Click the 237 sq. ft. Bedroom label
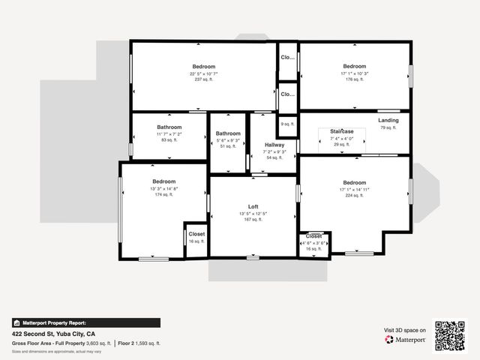pyautogui.click(x=203, y=67)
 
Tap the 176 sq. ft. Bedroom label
pyautogui.click(x=354, y=67)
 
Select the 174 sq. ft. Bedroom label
pyautogui.click(x=163, y=182)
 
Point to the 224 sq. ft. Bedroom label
pyautogui.click(x=354, y=183)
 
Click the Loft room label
pyautogui.click(x=253, y=207)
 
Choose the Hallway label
pyautogui.click(x=274, y=145)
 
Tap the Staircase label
pyautogui.click(x=341, y=131)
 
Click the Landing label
pyautogui.click(x=388, y=120)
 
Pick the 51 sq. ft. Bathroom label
pyautogui.click(x=228, y=133)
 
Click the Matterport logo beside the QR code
pyautogui.click(x=405, y=340)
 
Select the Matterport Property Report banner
pyautogui.click(x=86, y=322)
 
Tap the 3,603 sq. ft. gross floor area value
pyautogui.click(x=97, y=343)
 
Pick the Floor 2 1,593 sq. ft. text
pyautogui.click(x=139, y=343)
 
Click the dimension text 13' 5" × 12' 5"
pyautogui.click(x=253, y=214)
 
